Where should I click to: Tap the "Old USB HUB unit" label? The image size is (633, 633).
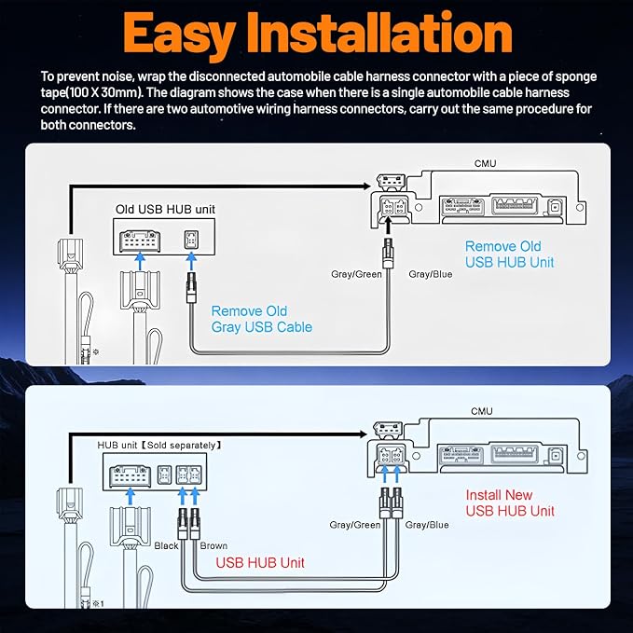(165, 209)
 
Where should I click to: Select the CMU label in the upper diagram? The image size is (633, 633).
(486, 163)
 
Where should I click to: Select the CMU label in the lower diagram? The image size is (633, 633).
(482, 411)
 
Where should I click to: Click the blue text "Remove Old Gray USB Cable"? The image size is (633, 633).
(262, 319)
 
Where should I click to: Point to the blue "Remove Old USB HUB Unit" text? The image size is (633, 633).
(509, 254)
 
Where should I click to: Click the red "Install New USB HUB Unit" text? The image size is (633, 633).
(510, 502)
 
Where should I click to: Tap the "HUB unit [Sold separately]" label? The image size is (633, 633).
(159, 445)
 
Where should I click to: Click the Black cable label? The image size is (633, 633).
(166, 545)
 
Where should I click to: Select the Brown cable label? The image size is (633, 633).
(213, 545)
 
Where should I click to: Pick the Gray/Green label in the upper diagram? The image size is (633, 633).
(356, 274)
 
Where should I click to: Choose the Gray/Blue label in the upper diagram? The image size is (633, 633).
(431, 274)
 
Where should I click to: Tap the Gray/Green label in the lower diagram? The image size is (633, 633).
(355, 525)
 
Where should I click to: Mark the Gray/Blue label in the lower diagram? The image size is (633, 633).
(427, 525)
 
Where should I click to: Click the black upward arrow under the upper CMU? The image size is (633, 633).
(388, 226)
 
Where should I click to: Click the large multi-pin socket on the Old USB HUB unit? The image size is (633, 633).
(140, 241)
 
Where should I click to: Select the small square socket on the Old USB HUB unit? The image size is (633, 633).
(191, 240)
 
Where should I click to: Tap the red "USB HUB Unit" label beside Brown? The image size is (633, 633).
(260, 563)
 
